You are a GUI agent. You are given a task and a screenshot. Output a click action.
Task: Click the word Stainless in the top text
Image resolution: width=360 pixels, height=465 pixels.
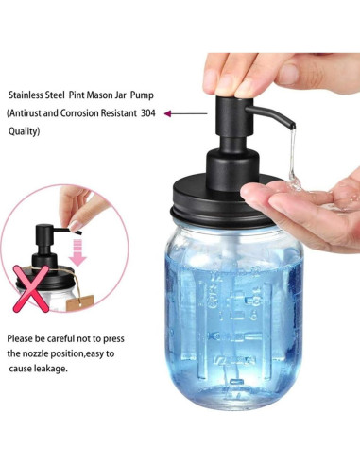pyautogui.click(x=29, y=95)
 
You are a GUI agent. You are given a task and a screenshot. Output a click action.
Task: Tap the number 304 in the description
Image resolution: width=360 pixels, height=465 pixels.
pyautogui.click(x=146, y=113)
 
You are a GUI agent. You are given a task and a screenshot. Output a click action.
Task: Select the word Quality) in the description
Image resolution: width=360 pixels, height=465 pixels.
pyautogui.click(x=25, y=130)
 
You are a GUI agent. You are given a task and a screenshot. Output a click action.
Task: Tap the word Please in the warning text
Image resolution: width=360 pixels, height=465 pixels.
pyautogui.click(x=21, y=337)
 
